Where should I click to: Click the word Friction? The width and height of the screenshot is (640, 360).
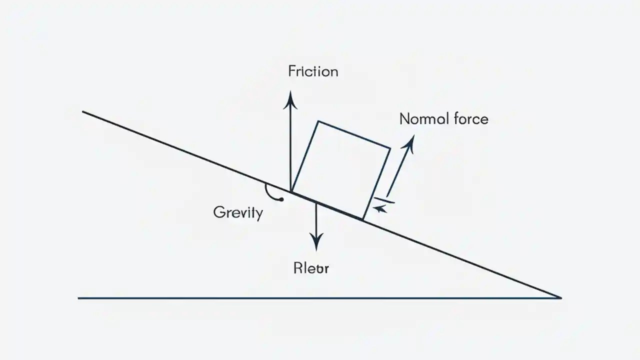pyautogui.click(x=313, y=71)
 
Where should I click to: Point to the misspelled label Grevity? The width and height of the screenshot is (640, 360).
pyautogui.click(x=237, y=212)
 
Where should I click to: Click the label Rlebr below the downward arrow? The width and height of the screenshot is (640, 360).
pyautogui.click(x=310, y=268)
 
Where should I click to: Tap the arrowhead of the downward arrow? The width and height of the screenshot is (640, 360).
pyautogui.click(x=315, y=243)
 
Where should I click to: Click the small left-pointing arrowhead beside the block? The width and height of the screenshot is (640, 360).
pyautogui.click(x=381, y=209)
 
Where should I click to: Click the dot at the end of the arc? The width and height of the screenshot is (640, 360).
pyautogui.click(x=281, y=199)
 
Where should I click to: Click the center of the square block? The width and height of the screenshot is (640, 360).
pyautogui.click(x=340, y=170)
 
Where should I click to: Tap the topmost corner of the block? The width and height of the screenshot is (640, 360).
pyautogui.click(x=318, y=121)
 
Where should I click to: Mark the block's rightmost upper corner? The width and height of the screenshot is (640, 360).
pyautogui.click(x=390, y=147)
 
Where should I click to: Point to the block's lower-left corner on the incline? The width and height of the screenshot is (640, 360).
pyautogui.click(x=291, y=191)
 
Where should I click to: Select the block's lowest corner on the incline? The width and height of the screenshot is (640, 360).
pyautogui.click(x=363, y=219)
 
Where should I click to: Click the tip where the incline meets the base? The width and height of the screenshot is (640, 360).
pyautogui.click(x=560, y=297)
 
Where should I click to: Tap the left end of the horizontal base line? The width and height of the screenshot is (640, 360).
pyautogui.click(x=79, y=298)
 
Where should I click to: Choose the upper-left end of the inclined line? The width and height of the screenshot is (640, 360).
pyautogui.click(x=83, y=111)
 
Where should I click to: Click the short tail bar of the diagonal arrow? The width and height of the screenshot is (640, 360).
pyautogui.click(x=384, y=201)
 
